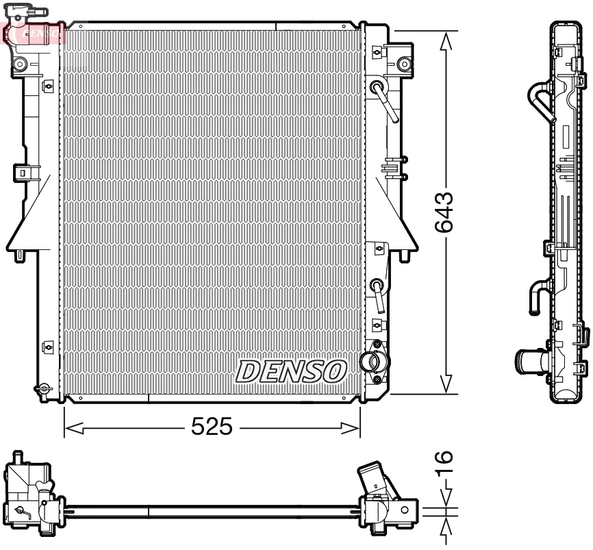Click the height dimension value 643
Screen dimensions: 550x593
446,212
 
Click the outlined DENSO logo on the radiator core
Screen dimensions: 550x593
290,371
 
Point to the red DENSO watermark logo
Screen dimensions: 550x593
34,31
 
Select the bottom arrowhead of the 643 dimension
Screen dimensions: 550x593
446,384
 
